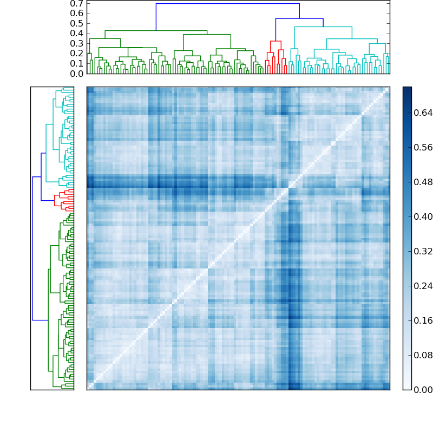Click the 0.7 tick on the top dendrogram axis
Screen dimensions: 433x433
(77, 4)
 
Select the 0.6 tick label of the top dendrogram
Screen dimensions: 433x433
(77, 14)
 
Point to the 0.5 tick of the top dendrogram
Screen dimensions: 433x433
(77, 24)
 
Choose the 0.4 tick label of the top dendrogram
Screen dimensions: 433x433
(77, 34)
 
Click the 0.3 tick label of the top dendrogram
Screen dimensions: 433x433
(77, 43)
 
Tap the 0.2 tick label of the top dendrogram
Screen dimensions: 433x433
(77, 54)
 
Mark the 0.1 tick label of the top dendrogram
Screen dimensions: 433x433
(77, 63)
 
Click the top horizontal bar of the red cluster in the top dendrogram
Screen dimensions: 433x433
(275, 41)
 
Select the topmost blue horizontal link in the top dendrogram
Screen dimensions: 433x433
(227, 4)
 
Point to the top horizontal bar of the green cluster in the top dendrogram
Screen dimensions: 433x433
(156, 30)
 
